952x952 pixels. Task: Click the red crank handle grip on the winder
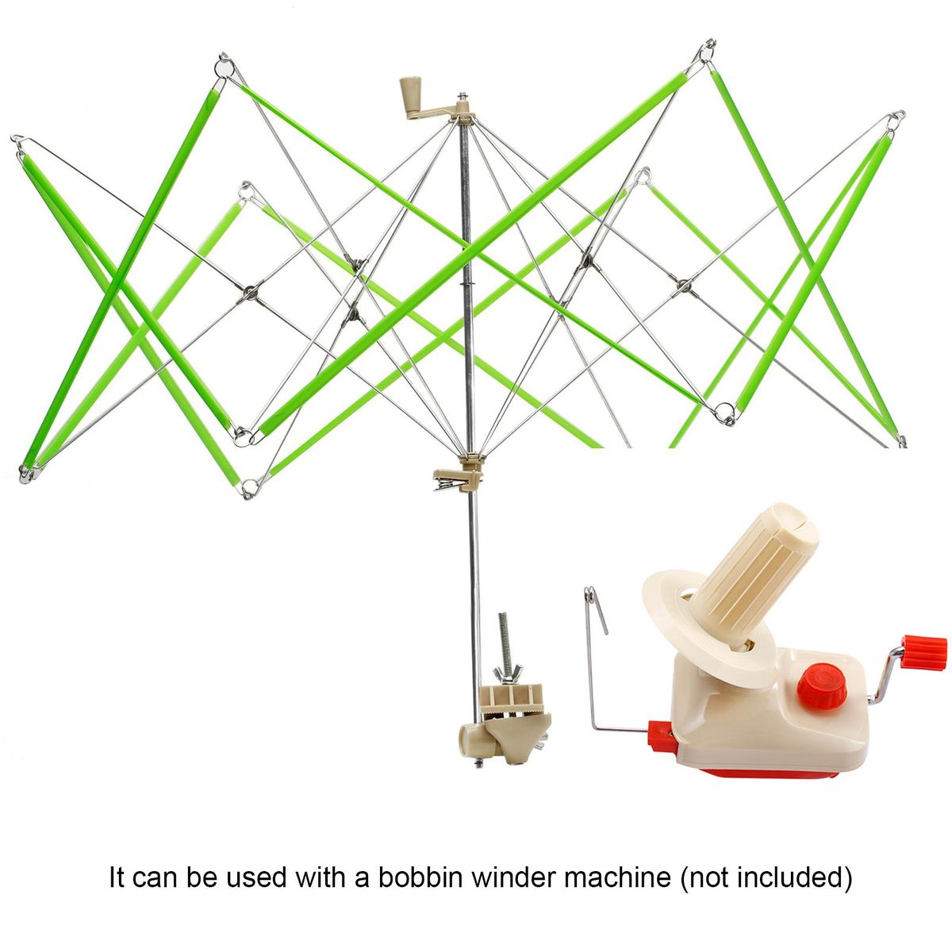tap(923, 653)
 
